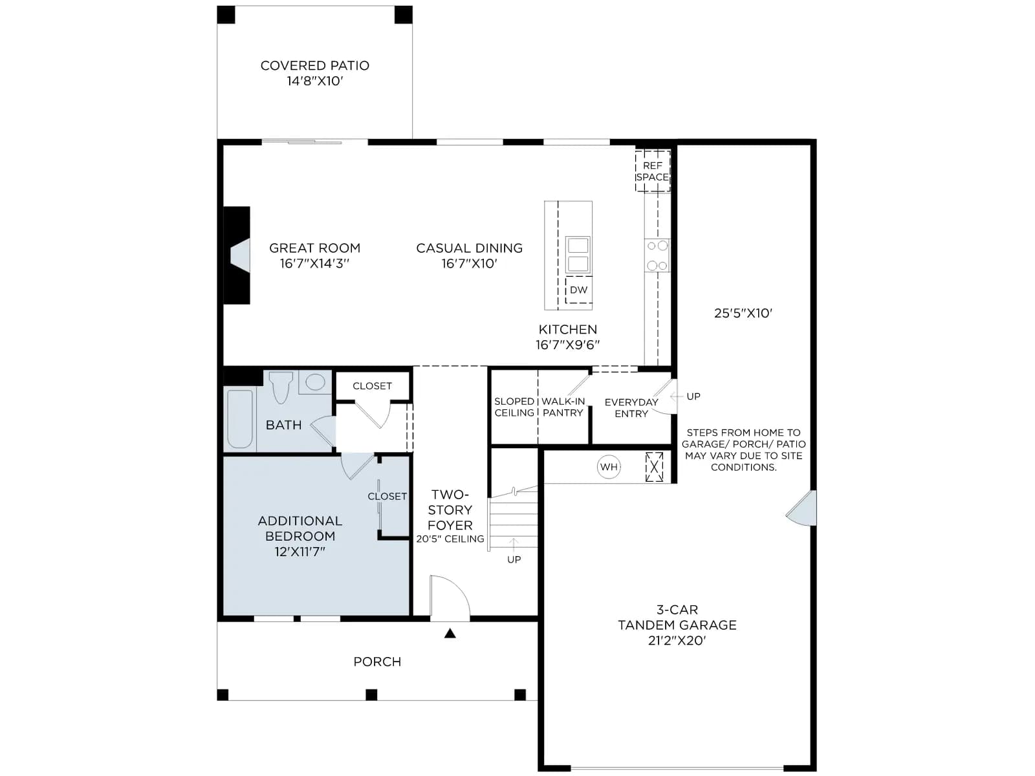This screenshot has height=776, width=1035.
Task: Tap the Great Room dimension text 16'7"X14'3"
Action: pyautogui.click(x=314, y=263)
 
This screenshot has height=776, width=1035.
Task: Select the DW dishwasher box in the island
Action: pyautogui.click(x=578, y=290)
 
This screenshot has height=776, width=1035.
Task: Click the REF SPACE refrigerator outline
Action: pyautogui.click(x=653, y=171)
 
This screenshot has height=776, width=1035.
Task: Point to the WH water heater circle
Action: pyautogui.click(x=609, y=467)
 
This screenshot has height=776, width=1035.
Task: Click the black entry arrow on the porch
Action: pyautogui.click(x=450, y=633)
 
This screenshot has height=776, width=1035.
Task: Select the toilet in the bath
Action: pyautogui.click(x=281, y=387)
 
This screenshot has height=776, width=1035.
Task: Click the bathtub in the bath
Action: pyautogui.click(x=240, y=419)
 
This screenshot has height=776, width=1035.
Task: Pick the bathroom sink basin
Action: pyautogui.click(x=315, y=382)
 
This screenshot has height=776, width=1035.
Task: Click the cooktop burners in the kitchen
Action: pyautogui.click(x=657, y=255)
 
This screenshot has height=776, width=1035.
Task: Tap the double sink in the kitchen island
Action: pyautogui.click(x=578, y=255)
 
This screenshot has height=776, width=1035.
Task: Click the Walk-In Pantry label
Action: pyautogui.click(x=563, y=407)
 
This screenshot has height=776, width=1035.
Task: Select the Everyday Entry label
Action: pyautogui.click(x=631, y=408)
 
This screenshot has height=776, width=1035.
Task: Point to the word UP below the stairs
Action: pyautogui.click(x=514, y=559)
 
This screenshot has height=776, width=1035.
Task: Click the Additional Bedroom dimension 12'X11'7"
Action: pyautogui.click(x=300, y=551)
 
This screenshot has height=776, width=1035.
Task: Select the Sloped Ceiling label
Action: pyautogui.click(x=514, y=407)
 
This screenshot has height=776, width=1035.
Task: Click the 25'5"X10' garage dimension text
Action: pyautogui.click(x=743, y=314)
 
